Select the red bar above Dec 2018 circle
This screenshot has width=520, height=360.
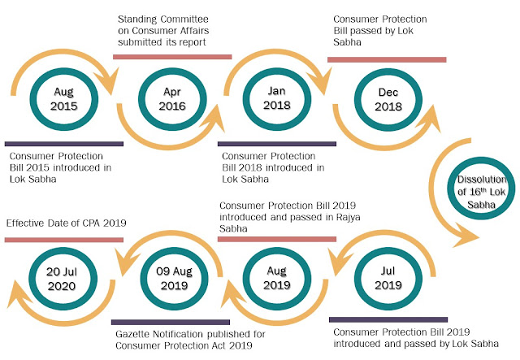(x=386, y=59)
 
